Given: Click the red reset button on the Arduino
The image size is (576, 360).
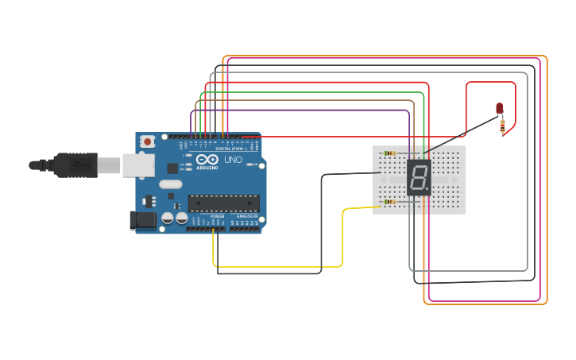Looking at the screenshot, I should pos(148,141).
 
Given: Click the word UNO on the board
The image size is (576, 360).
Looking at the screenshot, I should pos(234,160).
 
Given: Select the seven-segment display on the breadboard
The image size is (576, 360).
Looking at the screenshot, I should pos(419,177).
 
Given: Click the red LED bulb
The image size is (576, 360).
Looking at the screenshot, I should pos(500,108).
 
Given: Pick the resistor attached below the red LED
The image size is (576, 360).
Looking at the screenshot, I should pos(502,125).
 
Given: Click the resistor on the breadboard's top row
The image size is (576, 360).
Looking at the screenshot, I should pos(389,153).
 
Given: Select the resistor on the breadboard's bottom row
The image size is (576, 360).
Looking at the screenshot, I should pos(389,202).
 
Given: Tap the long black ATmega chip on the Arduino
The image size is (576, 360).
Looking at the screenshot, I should pos(223,203).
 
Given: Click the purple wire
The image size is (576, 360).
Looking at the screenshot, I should pos(302,110).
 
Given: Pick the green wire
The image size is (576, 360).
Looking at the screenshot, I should pos(310,92).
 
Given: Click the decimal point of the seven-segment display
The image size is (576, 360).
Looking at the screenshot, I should pos(429,191).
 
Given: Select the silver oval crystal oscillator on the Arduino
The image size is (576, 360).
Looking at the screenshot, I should pos(170,184).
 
